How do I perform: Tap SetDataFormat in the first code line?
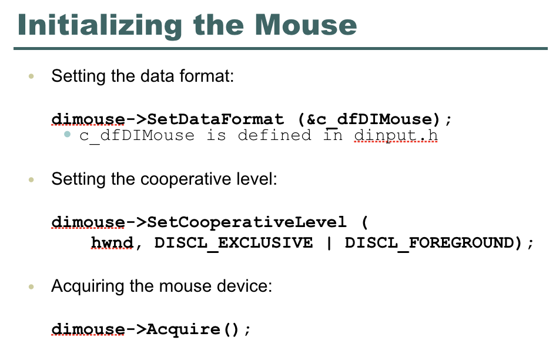216,119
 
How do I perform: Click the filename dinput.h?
396,136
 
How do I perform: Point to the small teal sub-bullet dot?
68,135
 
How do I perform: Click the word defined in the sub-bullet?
275,136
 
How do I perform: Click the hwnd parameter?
112,243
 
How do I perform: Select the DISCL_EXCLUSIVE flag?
234,243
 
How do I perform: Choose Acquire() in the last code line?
194,329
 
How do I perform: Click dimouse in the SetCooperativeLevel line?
88,222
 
